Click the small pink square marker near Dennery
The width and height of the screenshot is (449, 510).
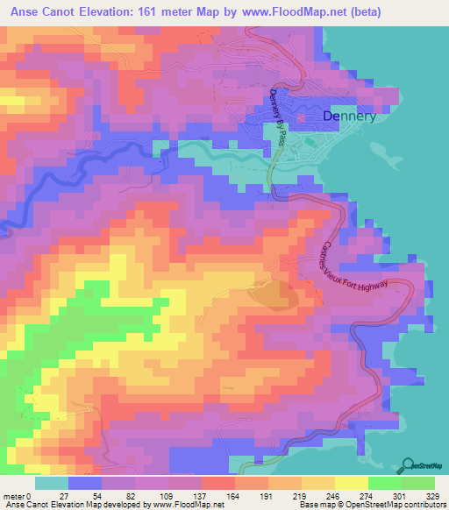point(301,117)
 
